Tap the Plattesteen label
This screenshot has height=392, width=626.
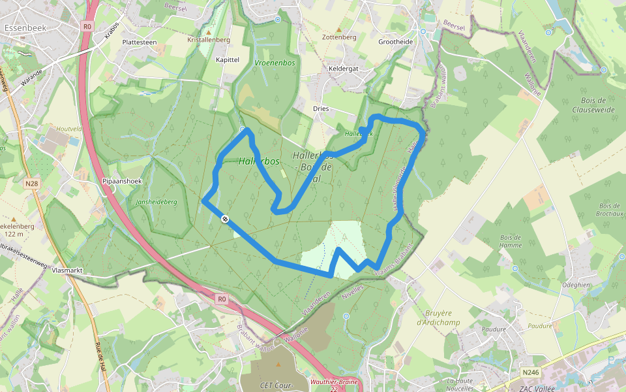[x=140, y=42]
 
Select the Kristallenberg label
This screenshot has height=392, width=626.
[x=209, y=40]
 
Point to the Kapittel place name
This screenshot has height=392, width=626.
[x=228, y=59]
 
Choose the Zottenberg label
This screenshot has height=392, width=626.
[x=339, y=37]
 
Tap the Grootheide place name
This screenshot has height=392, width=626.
[x=396, y=41]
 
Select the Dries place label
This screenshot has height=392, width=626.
[x=321, y=108]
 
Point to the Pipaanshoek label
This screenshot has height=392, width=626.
[x=122, y=181]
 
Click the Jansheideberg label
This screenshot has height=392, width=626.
[x=156, y=203]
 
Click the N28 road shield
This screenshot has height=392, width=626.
[x=31, y=184]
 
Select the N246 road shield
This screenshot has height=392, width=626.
[x=531, y=372]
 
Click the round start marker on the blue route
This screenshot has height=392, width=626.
[x=225, y=219]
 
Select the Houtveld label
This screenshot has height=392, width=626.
[x=68, y=129]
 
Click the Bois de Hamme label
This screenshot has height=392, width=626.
[x=511, y=241]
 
